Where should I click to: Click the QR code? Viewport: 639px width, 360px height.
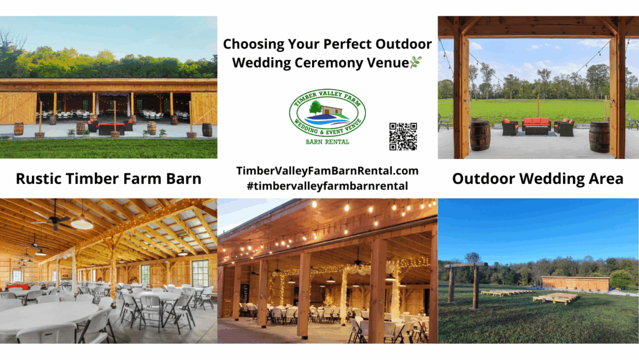[402, 136]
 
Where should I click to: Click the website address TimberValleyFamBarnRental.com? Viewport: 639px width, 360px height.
[327, 170]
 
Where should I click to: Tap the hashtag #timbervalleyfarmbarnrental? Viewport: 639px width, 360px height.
[327, 185]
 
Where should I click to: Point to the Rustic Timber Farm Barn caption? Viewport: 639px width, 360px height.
[109, 179]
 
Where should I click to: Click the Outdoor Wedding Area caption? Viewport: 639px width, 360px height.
[537, 179]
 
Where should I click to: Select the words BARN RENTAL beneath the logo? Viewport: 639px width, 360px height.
[327, 142]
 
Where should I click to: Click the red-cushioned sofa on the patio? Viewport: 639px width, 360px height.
[536, 126]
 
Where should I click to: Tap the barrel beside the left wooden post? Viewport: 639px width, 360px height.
[480, 135]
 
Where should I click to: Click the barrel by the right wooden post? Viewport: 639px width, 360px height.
[599, 136]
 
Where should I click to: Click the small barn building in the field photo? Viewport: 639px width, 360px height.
[575, 284]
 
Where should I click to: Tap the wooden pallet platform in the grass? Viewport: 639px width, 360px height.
[555, 298]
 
